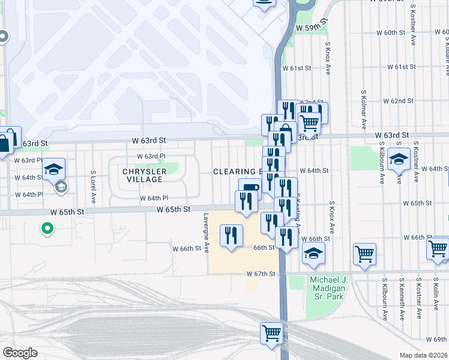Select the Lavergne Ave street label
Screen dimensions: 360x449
coord(206,232)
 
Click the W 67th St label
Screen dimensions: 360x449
coord(260,274)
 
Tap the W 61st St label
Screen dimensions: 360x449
coord(402,67)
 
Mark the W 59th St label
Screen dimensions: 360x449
coord(312,28)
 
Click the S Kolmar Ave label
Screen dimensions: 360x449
coord(364,110)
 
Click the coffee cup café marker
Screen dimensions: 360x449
coord(250,188)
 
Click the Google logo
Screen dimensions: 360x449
coord(20,353)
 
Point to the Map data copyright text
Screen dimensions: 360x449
coord(423,355)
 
